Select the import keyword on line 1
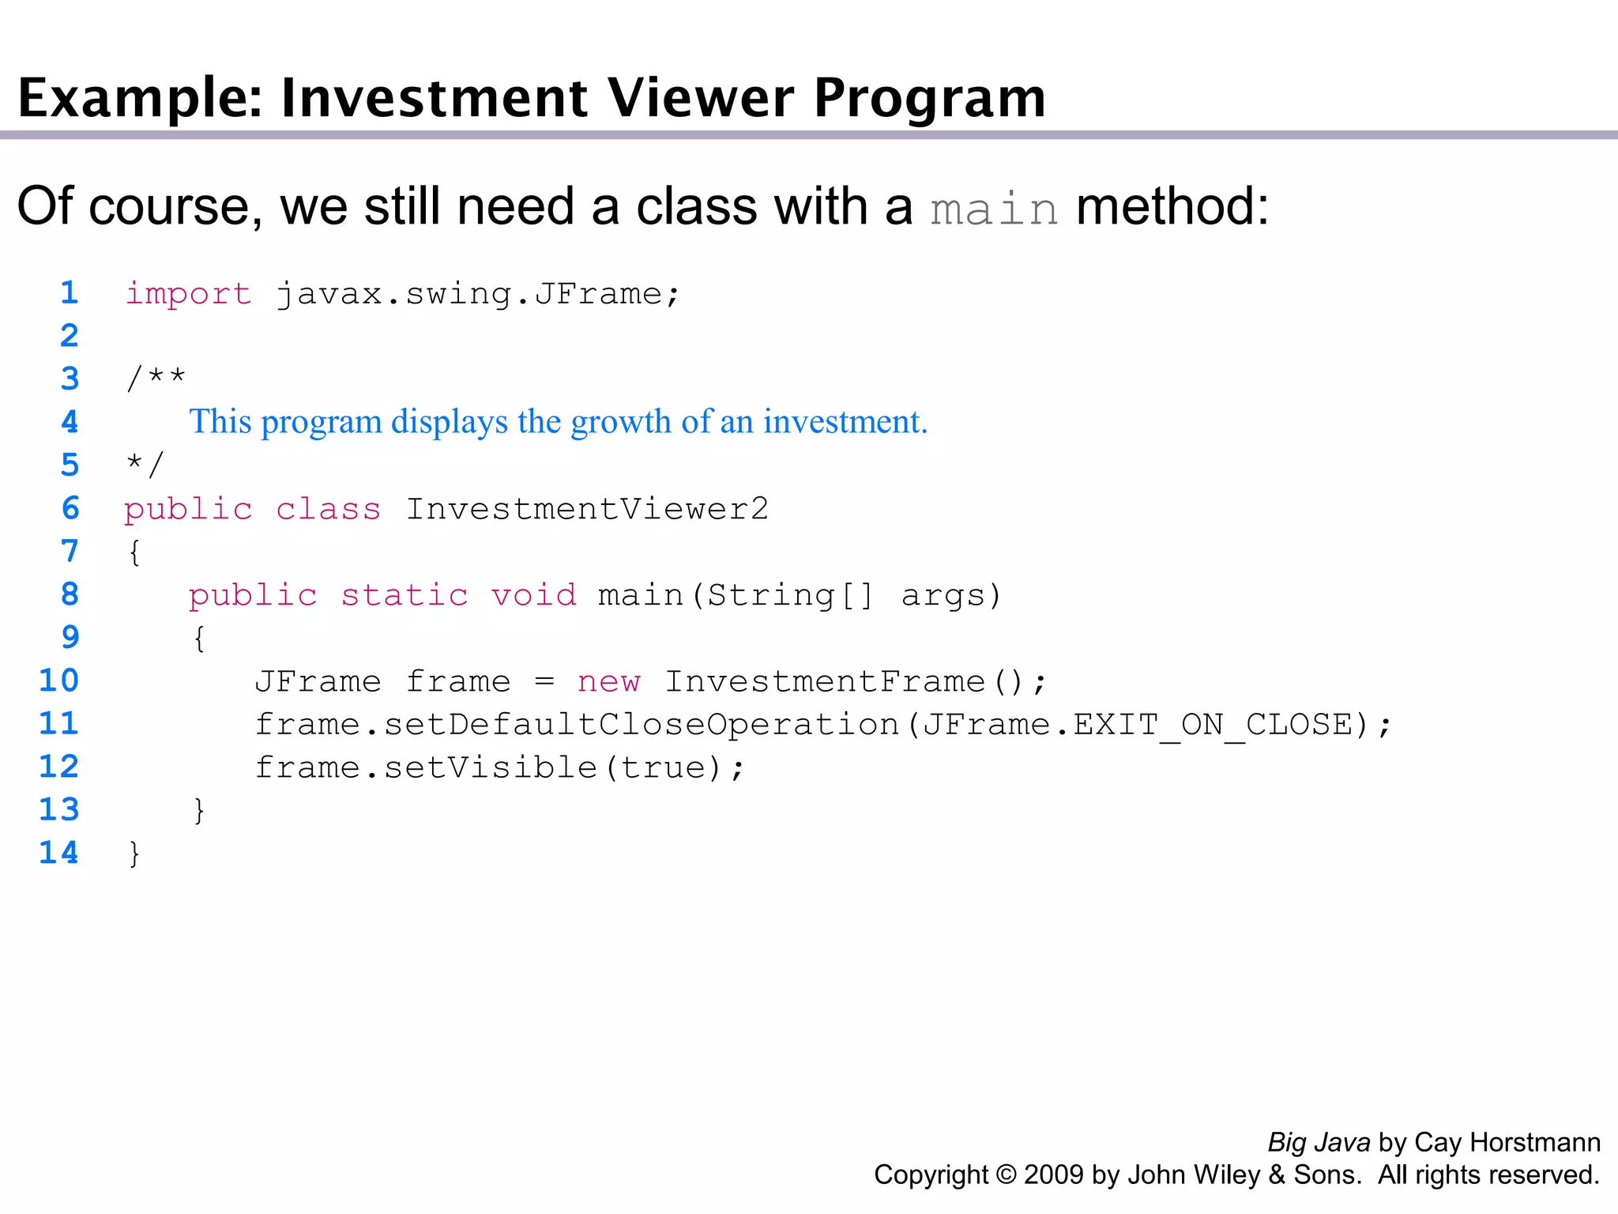[x=188, y=294]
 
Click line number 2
[x=70, y=336]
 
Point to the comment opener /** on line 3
[x=156, y=377]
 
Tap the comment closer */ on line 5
[x=145, y=464]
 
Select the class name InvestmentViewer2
[x=587, y=509]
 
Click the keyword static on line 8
[x=404, y=595]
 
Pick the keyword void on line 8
[x=533, y=595]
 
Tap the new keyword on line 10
[x=608, y=681]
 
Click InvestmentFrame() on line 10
[x=844, y=681]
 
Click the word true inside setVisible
[x=662, y=767]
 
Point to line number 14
[x=59, y=853]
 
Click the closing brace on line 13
[x=199, y=810]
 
